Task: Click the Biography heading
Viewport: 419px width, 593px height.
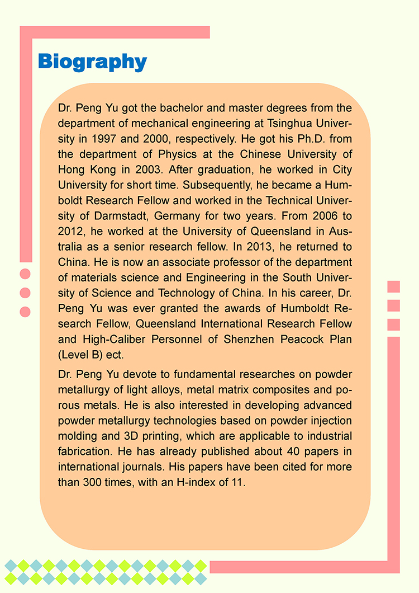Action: click(x=92, y=62)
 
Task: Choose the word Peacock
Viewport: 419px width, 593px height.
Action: click(x=304, y=338)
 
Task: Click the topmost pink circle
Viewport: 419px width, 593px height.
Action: click(x=25, y=274)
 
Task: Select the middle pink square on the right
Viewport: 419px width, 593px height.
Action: click(x=393, y=305)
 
